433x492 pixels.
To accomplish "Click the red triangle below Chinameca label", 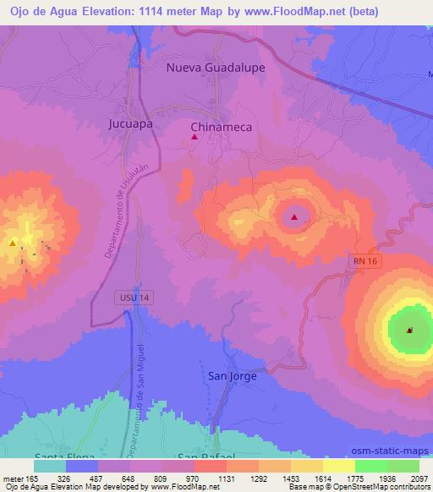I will coord(195,137).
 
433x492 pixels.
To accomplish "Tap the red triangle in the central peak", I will coord(293,218).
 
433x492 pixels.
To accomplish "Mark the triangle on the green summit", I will coord(409,330).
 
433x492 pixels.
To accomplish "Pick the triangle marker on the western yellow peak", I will coord(14,243).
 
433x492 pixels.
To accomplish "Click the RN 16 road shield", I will coord(368,262).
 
